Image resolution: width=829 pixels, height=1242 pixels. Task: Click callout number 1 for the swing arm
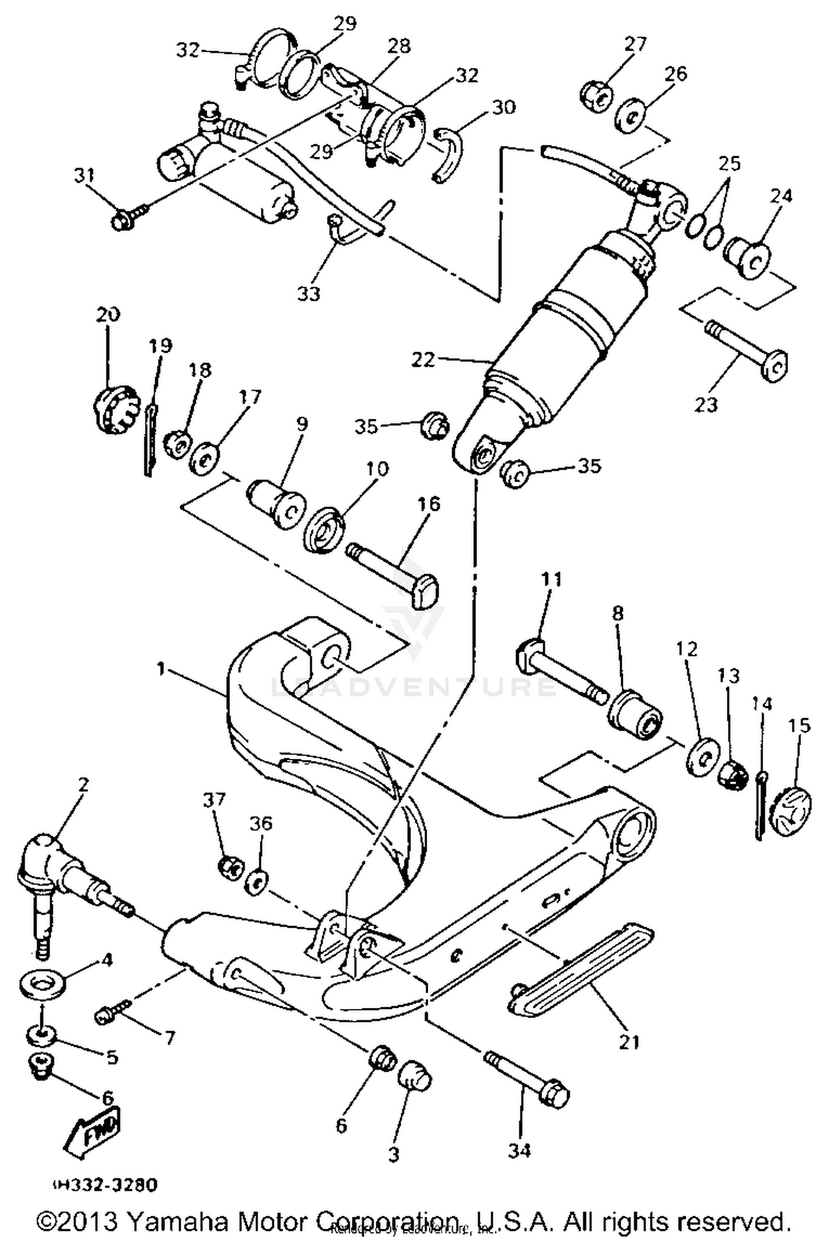tap(161, 669)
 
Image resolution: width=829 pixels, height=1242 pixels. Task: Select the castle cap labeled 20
tap(113, 411)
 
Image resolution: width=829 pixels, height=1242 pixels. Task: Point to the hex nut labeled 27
tap(596, 94)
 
